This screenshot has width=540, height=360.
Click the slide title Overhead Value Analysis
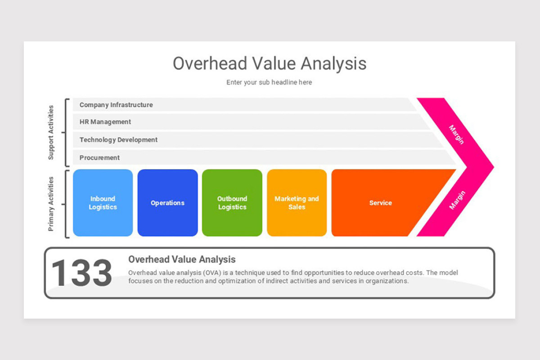click(x=270, y=63)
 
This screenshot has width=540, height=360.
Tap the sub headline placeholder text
click(x=269, y=82)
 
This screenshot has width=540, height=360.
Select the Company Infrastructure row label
click(x=116, y=105)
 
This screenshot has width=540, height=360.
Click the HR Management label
click(x=105, y=122)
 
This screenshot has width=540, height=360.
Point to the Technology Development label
click(x=118, y=140)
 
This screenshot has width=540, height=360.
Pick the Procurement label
click(x=99, y=158)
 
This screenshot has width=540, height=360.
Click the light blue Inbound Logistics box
click(x=103, y=203)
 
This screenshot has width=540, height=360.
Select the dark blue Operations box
click(x=167, y=203)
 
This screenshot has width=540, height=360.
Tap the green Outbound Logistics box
click(x=232, y=203)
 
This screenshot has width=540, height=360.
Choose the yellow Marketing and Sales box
click(x=297, y=203)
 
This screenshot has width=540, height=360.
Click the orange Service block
click(x=381, y=203)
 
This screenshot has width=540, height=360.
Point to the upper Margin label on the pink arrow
click(x=456, y=135)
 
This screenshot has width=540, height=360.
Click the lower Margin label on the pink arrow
click(x=457, y=200)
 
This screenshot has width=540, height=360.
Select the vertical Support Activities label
click(x=51, y=132)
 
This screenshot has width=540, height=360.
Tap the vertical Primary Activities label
click(x=51, y=204)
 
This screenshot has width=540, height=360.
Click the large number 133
click(x=81, y=273)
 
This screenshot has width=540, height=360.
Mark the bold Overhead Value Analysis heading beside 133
click(x=182, y=259)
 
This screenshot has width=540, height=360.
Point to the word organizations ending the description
click(x=387, y=281)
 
